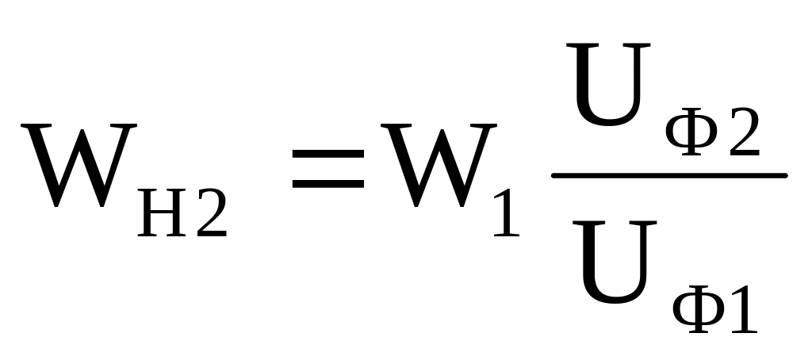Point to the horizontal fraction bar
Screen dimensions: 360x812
click(668, 175)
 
